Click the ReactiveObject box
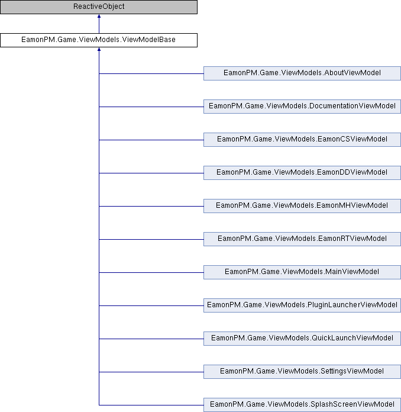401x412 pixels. [x=99, y=7]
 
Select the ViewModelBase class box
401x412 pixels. [x=99, y=40]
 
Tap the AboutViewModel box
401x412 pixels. [x=302, y=73]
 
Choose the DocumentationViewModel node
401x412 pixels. [x=302, y=107]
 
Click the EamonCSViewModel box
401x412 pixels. [x=302, y=140]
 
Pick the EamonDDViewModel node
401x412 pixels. [x=302, y=173]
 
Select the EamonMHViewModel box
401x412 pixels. [x=302, y=206]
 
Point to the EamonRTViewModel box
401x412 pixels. [x=302, y=239]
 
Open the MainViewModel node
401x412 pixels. [x=302, y=272]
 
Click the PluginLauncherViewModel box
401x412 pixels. [x=302, y=305]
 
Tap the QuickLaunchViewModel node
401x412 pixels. [x=302, y=338]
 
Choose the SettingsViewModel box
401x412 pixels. [x=302, y=371]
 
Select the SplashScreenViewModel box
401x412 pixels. [x=302, y=405]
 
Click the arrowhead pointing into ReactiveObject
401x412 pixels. [x=99, y=16]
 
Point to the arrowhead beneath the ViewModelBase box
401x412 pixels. [x=99, y=49]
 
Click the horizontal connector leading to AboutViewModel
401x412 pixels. [x=151, y=73]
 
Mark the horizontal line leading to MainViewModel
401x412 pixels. [x=151, y=272]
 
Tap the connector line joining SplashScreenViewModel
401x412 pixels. [x=151, y=405]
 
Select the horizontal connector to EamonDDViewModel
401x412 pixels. [x=151, y=173]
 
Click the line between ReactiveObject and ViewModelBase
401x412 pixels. [x=99, y=24]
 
